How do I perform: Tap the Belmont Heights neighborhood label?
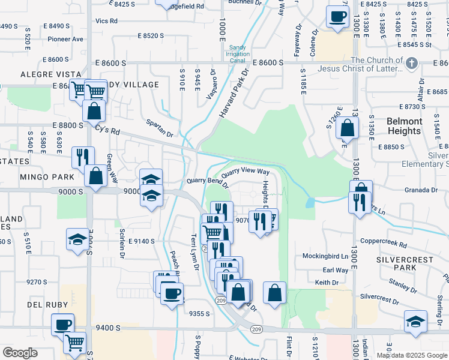[x=404, y=126]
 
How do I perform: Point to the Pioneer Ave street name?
[x=66, y=39]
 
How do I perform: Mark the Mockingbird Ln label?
[x=327, y=256]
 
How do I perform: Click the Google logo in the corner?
[x=19, y=353]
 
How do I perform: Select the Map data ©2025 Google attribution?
[x=411, y=355]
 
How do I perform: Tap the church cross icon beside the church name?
[x=411, y=62]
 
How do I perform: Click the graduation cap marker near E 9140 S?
[x=78, y=239]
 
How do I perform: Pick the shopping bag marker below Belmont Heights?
[x=348, y=127]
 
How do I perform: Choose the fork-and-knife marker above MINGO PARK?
[x=83, y=157]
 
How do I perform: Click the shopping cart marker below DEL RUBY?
[x=75, y=343]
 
